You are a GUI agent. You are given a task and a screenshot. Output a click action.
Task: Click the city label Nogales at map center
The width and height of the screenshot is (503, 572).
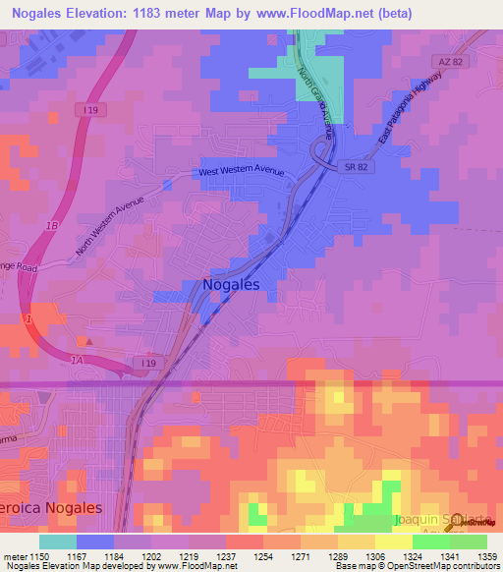coord(231,284)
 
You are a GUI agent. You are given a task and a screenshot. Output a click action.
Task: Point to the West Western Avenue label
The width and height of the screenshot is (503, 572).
coord(241,172)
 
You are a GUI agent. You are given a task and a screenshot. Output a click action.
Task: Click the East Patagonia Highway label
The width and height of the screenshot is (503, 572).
coord(407,119)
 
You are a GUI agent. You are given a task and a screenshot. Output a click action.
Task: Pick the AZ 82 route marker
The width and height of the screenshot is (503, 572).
coord(452,62)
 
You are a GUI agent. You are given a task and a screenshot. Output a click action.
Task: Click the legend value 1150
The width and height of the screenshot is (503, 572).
coord(40,557)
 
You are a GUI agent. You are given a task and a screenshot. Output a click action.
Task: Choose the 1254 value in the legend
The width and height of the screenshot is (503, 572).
coord(263,557)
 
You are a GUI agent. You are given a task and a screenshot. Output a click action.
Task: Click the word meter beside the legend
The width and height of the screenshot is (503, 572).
coord(14,557)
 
